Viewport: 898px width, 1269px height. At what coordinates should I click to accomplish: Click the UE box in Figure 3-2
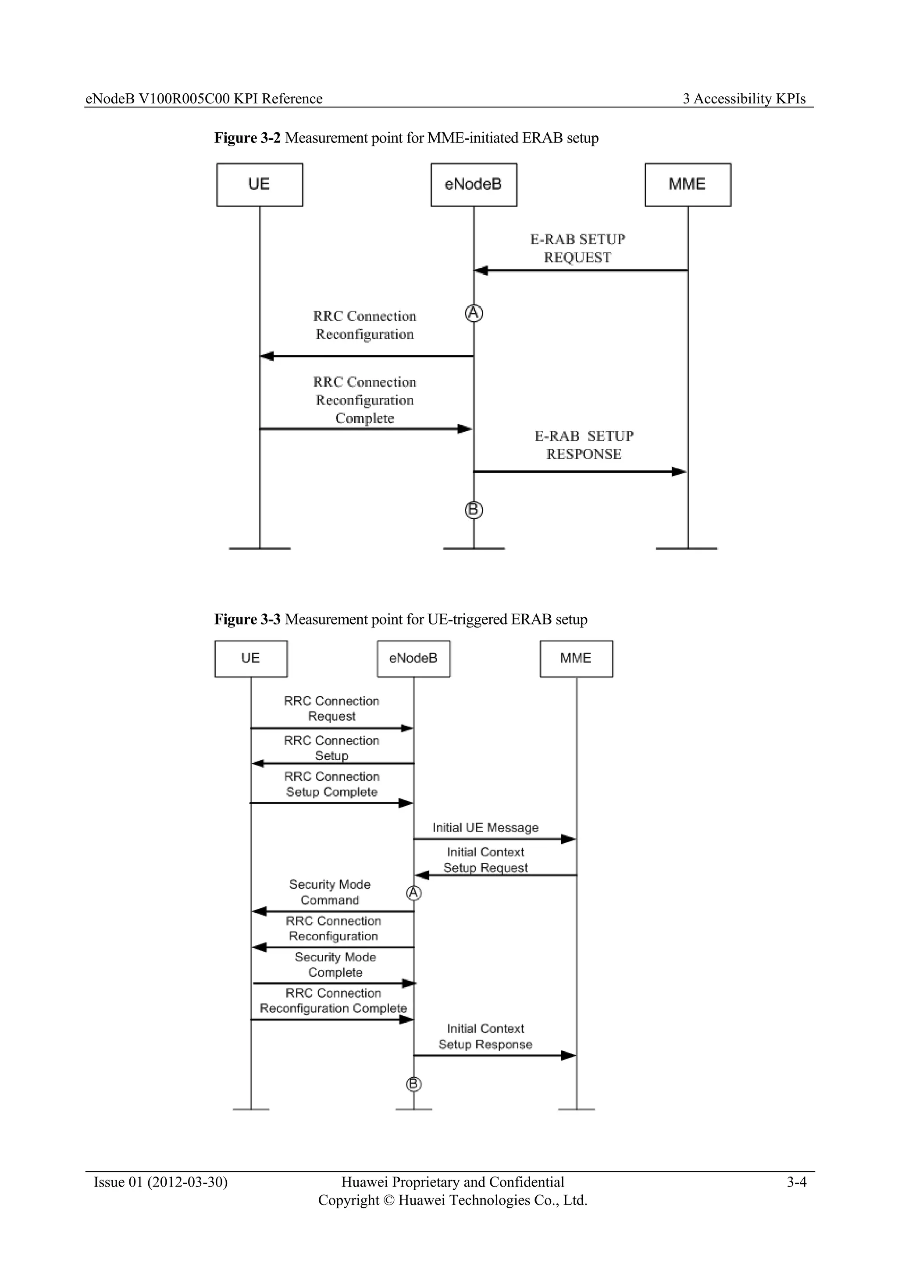pyautogui.click(x=259, y=184)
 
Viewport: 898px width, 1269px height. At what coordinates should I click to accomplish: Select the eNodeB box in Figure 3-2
pyautogui.click(x=473, y=184)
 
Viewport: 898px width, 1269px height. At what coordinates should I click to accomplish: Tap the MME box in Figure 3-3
pyautogui.click(x=576, y=658)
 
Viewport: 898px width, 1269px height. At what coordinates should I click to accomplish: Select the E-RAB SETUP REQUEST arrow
pyautogui.click(x=581, y=270)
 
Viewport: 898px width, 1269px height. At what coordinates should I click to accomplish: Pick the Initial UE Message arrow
pyautogui.click(x=495, y=839)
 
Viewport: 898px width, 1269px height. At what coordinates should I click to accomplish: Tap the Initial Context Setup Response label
pyautogui.click(x=485, y=1036)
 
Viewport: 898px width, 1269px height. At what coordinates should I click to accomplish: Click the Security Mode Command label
pyautogui.click(x=330, y=892)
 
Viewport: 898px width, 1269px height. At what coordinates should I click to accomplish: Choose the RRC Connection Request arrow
pyautogui.click(x=332, y=728)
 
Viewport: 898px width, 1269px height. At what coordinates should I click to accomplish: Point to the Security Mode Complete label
pyautogui.click(x=335, y=964)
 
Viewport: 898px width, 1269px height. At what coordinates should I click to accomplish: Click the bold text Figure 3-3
pyautogui.click(x=247, y=619)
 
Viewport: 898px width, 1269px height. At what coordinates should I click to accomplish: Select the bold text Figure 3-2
pyautogui.click(x=247, y=138)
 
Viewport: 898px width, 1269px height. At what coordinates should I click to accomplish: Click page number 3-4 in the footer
pyautogui.click(x=796, y=1182)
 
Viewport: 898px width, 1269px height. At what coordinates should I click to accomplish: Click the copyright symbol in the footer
pyautogui.click(x=389, y=1201)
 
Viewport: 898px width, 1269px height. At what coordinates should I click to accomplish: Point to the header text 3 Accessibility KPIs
pyautogui.click(x=744, y=99)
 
